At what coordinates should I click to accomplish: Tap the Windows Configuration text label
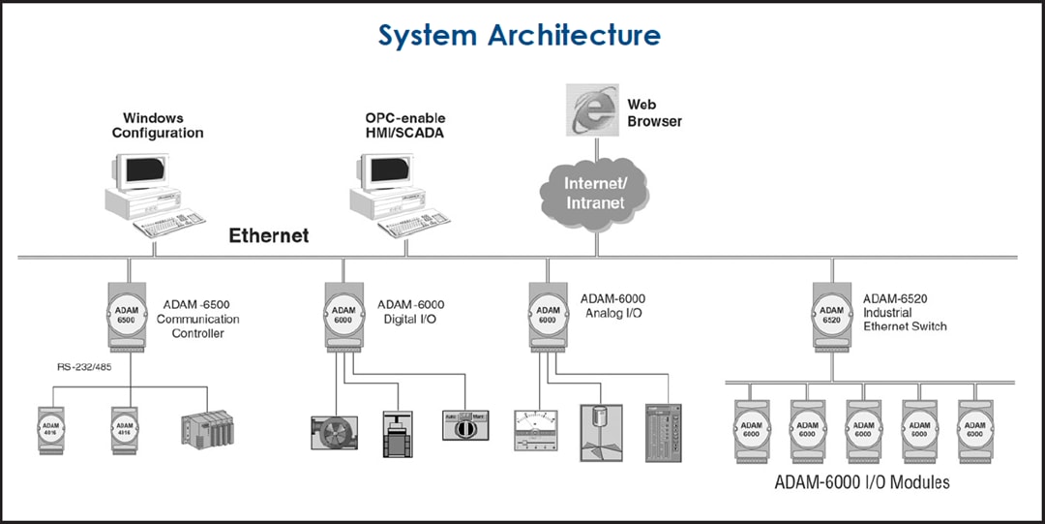coord(158,125)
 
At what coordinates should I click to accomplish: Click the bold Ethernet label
coord(269,235)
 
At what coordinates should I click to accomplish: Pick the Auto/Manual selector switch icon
coord(468,423)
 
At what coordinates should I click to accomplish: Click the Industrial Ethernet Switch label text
coord(905,320)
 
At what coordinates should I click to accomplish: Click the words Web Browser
coord(654,112)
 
